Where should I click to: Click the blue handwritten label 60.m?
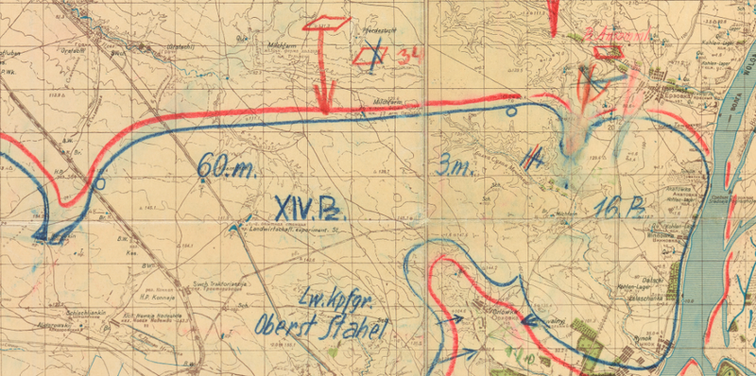point(228,168)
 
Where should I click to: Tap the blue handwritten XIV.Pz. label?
point(306,207)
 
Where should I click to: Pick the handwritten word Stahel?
point(351,332)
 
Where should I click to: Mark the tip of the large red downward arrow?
point(324,111)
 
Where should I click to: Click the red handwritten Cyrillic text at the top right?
point(618,35)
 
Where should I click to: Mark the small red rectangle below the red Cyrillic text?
point(606,54)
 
